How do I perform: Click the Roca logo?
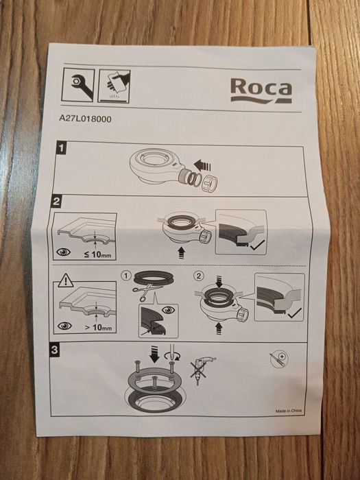[261, 91]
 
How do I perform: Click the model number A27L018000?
[85, 119]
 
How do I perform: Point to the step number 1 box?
[62, 148]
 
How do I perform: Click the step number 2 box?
[56, 202]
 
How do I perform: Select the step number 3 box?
[54, 349]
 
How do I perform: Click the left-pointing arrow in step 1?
[202, 166]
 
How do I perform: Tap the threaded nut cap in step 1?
[209, 184]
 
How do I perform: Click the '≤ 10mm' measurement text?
[97, 254]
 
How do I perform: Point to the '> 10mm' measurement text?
[98, 327]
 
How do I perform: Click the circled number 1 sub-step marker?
[125, 276]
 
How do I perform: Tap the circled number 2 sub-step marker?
[199, 276]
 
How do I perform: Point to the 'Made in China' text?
[289, 411]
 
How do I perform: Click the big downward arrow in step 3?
[154, 354]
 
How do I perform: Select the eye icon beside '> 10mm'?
[64, 326]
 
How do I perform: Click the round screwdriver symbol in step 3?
[279, 359]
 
